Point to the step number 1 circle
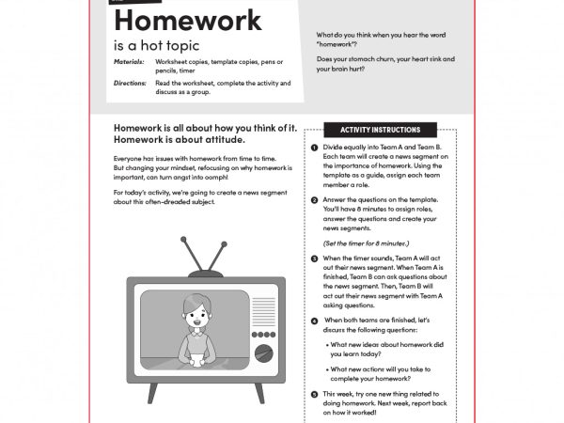(313, 149)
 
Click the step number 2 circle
(313, 200)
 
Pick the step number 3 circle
(313, 258)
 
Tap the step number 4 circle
(313, 321)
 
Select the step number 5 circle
(313, 394)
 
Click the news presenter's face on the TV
(198, 317)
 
